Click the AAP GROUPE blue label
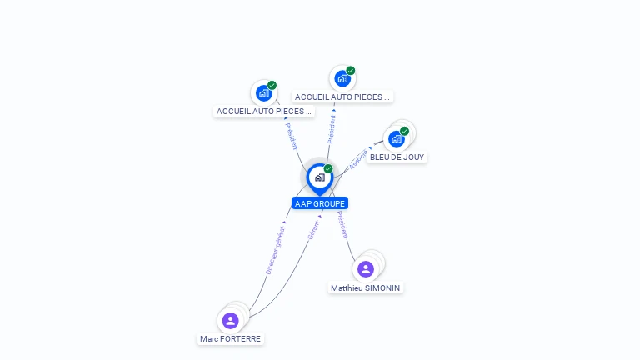(x=320, y=203)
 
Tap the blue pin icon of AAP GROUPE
(x=319, y=177)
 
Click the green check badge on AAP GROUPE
(x=328, y=168)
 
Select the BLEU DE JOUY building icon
(x=396, y=139)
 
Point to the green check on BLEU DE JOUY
(x=404, y=131)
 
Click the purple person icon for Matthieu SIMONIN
(x=365, y=268)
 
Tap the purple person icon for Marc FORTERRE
(x=231, y=320)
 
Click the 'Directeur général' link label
(x=275, y=248)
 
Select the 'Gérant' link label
(x=314, y=230)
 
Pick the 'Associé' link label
(x=359, y=160)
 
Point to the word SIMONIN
(x=383, y=288)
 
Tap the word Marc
(x=209, y=339)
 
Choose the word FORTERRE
(x=242, y=339)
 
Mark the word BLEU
(x=380, y=157)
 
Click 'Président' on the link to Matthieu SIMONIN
(x=342, y=224)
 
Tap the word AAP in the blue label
(x=302, y=203)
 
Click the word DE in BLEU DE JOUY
(x=397, y=157)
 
